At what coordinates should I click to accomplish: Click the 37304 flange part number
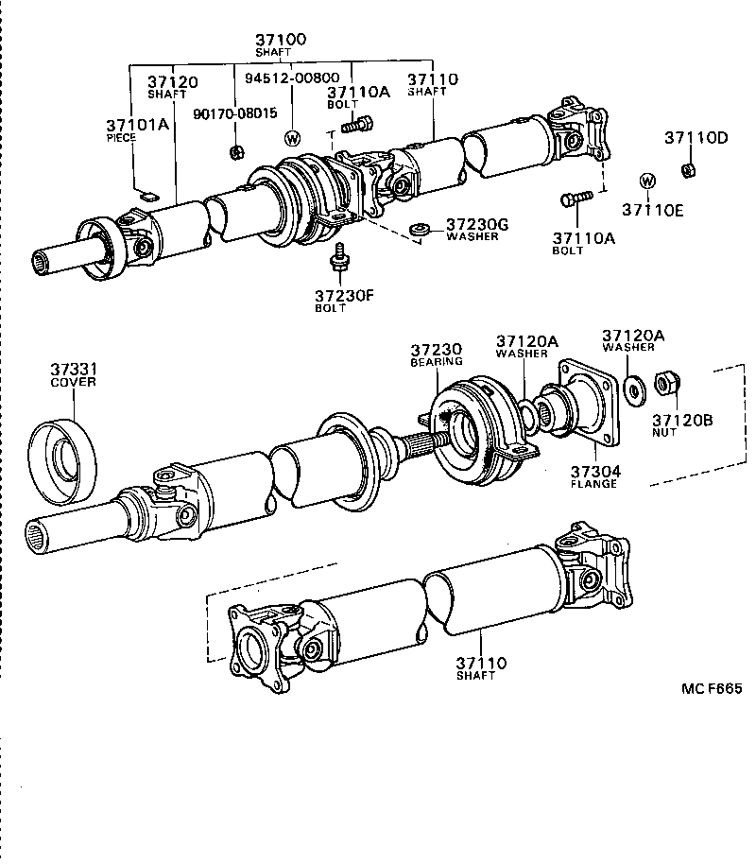coord(593,471)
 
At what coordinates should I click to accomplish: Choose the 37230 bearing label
coord(436,349)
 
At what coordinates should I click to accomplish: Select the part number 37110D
coord(696,137)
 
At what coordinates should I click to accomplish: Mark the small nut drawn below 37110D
coord(688,170)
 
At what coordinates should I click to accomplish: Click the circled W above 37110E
coord(647,181)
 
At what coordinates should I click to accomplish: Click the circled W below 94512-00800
coord(292,138)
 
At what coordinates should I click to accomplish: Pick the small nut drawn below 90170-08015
coord(239,150)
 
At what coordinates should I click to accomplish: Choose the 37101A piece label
coord(136,125)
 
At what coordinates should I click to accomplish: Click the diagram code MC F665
coord(712,688)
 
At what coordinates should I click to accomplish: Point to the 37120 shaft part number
coord(172,82)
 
